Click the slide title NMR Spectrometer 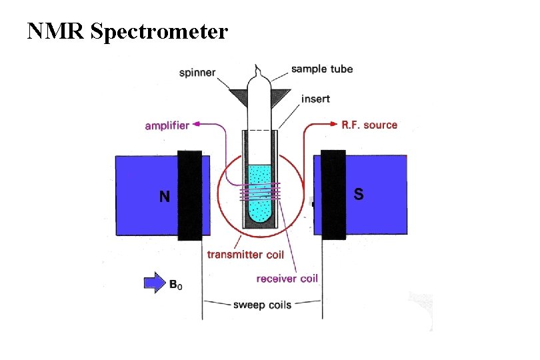[x=127, y=31]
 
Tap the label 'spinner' [x=197, y=72]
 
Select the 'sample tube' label [x=322, y=69]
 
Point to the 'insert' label [x=315, y=99]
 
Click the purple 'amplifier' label [x=167, y=125]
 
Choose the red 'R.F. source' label [x=369, y=125]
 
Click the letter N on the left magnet [x=165, y=197]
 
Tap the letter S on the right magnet [x=359, y=195]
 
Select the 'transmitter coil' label [x=245, y=254]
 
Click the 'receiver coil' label [x=287, y=278]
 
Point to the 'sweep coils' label [x=262, y=305]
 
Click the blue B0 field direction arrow [x=153, y=283]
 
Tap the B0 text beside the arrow [x=175, y=285]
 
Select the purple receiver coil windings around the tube [x=260, y=192]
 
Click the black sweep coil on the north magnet [x=190, y=195]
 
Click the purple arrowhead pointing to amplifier [x=198, y=124]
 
